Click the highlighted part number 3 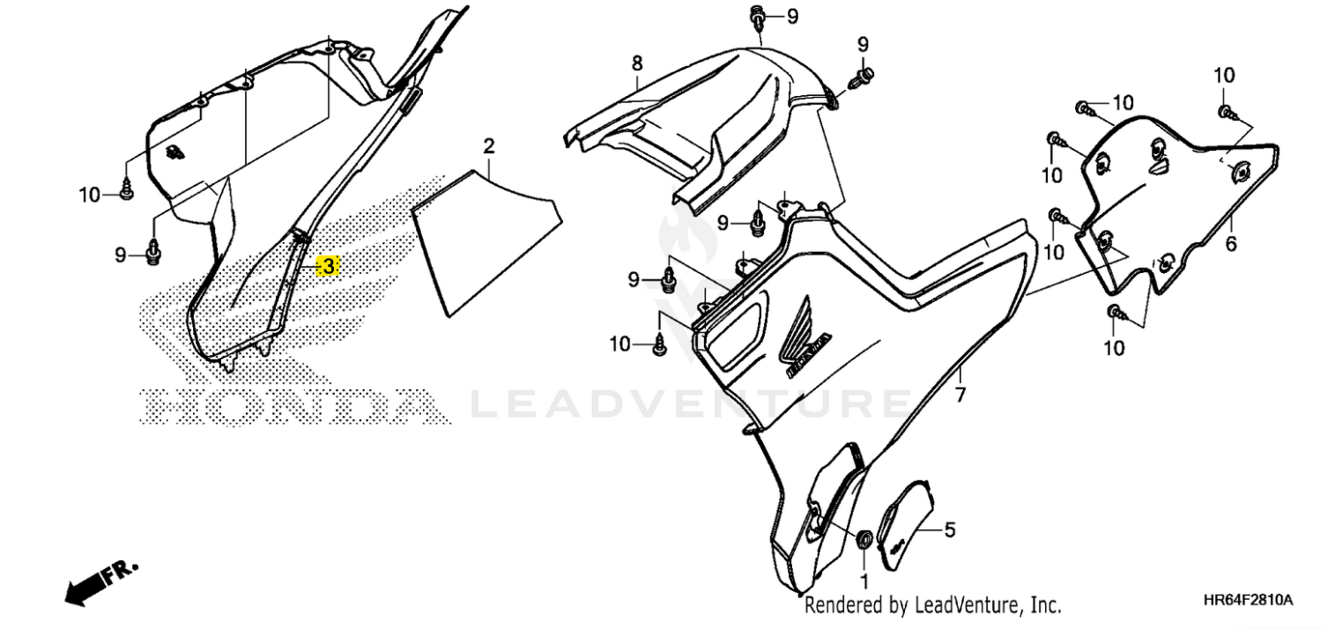pos(328,266)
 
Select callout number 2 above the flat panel pos(489,146)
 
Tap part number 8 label pos(637,63)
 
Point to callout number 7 pos(960,395)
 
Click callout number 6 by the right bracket pos(1231,243)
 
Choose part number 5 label pos(950,529)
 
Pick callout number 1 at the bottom pos(864,581)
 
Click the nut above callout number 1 pos(864,539)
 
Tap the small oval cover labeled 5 pos(905,525)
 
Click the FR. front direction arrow pos(100,582)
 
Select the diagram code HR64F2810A pos(1249,600)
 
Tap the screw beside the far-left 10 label pos(126,192)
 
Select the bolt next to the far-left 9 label pos(153,253)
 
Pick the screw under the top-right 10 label pos(1227,113)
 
